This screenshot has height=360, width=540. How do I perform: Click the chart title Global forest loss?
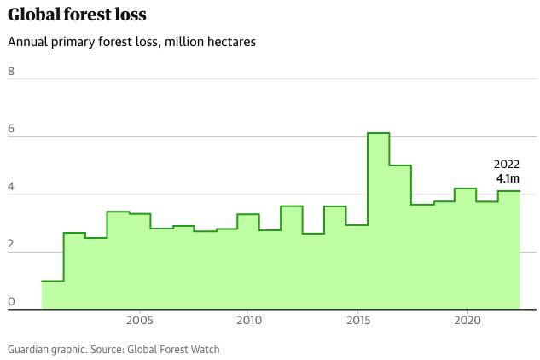click(x=77, y=15)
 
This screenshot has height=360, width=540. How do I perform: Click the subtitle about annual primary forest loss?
click(x=131, y=42)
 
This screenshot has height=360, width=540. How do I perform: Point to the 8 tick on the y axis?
click(x=11, y=71)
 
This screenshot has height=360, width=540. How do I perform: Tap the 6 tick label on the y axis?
click(x=11, y=129)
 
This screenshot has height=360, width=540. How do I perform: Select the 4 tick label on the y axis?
click(x=11, y=186)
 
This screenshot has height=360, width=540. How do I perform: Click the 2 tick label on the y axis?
click(x=11, y=244)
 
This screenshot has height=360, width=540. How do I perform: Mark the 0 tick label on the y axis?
click(x=11, y=301)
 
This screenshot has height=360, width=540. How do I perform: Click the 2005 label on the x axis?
click(x=139, y=321)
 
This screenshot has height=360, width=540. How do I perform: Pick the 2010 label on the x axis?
click(x=248, y=321)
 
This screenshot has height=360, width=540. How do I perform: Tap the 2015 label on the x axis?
click(x=357, y=321)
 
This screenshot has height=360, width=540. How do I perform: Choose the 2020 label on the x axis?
click(x=467, y=321)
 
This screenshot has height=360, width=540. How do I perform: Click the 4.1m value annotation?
click(x=508, y=179)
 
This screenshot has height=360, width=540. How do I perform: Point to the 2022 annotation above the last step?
click(x=507, y=165)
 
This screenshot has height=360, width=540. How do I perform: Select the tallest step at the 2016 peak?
click(x=379, y=222)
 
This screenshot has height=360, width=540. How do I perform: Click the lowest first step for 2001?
click(x=52, y=295)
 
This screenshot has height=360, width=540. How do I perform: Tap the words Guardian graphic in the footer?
click(x=44, y=349)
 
